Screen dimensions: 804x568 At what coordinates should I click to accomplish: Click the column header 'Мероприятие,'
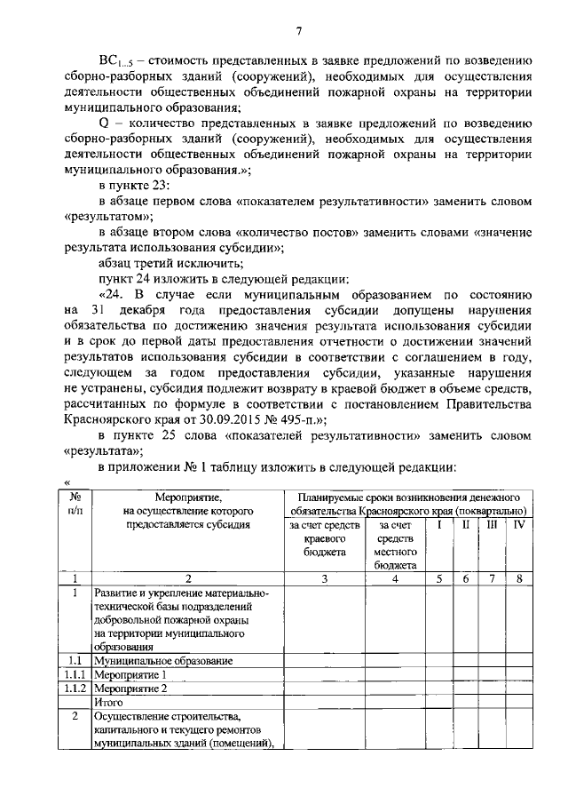188,498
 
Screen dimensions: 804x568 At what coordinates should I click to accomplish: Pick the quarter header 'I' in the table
438,525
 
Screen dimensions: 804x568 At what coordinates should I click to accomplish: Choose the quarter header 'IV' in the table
520,525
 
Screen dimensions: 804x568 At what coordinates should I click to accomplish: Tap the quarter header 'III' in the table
492,525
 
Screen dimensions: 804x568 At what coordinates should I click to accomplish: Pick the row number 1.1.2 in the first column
77,688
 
